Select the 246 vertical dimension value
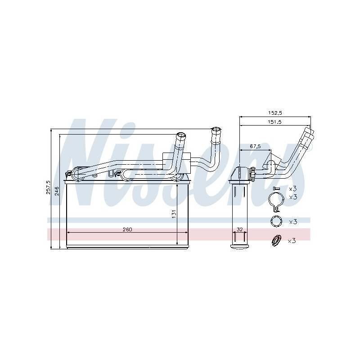coord(56,191)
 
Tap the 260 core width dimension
coord(127,229)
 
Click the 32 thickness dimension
coord(239,229)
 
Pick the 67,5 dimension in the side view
coord(255,146)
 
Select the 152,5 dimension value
coord(274,112)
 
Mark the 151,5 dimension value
coord(274,121)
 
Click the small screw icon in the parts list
coord(276,188)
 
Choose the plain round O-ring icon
coord(275,221)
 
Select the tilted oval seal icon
coord(275,241)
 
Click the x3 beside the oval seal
coord(292,241)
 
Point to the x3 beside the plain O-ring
coord(292,221)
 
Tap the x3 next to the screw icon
coord(292,188)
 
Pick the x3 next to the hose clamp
coord(292,197)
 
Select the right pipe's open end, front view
coord(216,130)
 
